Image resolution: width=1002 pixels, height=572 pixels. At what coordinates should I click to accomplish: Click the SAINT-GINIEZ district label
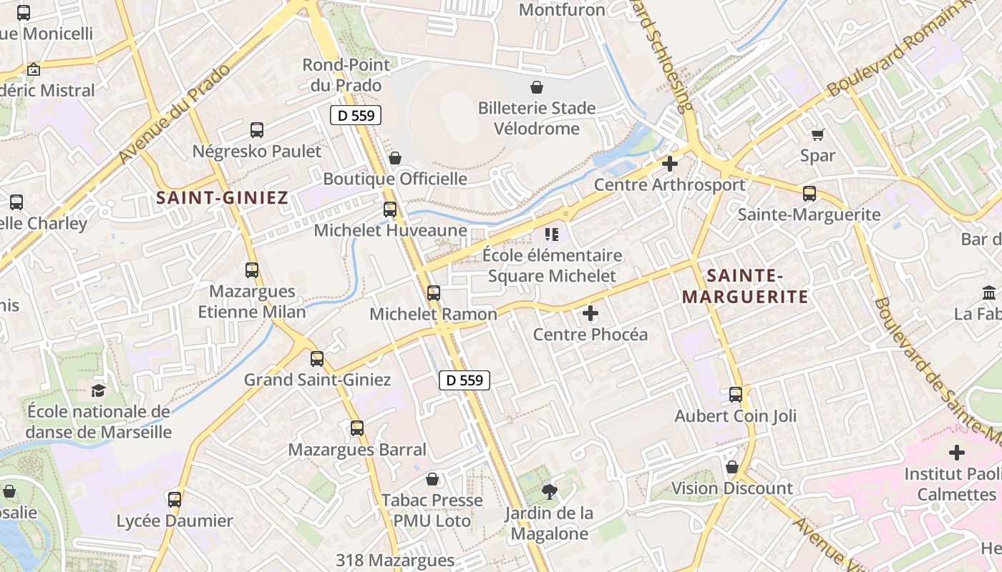222,198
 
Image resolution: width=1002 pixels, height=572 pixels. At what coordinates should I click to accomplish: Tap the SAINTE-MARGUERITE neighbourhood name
744,286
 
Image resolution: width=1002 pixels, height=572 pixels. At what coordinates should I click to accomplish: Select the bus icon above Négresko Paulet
257,130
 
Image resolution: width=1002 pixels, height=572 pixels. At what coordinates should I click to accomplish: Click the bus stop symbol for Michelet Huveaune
390,209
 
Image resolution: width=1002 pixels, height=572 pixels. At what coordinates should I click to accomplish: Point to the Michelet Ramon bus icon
434,293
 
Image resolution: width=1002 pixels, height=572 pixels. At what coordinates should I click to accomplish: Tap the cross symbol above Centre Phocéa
590,313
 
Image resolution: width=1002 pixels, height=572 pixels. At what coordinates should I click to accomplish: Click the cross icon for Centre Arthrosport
670,164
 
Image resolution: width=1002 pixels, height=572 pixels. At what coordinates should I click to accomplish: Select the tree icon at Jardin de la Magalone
549,491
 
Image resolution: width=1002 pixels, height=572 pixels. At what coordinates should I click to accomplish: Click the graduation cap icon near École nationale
98,390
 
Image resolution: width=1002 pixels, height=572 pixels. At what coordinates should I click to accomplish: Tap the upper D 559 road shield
356,115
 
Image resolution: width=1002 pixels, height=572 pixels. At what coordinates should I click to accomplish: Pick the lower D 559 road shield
464,380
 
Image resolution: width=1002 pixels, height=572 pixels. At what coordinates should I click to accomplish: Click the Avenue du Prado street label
175,114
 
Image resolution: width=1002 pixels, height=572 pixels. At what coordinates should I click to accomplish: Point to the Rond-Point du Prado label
346,74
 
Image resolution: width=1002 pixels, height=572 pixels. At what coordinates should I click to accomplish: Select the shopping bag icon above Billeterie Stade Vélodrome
537,87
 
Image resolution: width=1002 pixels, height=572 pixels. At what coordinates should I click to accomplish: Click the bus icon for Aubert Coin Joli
736,395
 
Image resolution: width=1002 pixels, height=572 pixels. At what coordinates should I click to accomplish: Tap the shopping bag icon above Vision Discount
731,468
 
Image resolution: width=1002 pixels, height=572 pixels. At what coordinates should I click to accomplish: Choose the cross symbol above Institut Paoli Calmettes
957,453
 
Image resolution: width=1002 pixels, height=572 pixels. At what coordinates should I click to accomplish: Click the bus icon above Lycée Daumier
175,500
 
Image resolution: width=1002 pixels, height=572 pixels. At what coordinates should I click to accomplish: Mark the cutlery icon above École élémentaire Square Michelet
551,234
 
